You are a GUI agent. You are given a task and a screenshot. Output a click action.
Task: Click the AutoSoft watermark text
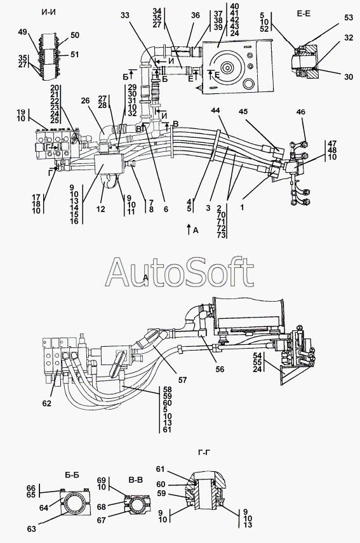[179, 272]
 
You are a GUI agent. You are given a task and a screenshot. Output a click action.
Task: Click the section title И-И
[49, 13]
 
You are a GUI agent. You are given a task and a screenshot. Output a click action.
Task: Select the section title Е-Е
[303, 13]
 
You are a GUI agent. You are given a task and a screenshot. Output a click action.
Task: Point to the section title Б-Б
[72, 475]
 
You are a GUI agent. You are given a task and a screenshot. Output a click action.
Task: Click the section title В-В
[135, 479]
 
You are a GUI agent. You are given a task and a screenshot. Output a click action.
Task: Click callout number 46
[301, 112]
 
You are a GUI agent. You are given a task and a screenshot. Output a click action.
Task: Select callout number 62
[47, 403]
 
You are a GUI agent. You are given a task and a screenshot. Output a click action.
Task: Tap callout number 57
[182, 380]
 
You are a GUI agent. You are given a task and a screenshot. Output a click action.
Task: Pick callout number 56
[220, 369]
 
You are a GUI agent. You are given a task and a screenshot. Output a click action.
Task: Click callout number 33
[125, 15]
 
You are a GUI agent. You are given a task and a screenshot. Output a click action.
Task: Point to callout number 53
[348, 17]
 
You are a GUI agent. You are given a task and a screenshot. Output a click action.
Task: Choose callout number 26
[85, 101]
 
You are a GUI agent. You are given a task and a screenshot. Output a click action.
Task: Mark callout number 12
[101, 209]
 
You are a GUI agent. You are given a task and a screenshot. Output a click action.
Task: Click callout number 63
[31, 529]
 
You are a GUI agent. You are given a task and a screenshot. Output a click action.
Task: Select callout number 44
[215, 111]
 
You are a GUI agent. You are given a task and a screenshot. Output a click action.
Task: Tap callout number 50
[74, 35]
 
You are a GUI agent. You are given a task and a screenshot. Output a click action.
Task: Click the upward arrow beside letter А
[189, 229]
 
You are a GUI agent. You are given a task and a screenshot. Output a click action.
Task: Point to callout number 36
[195, 15]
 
